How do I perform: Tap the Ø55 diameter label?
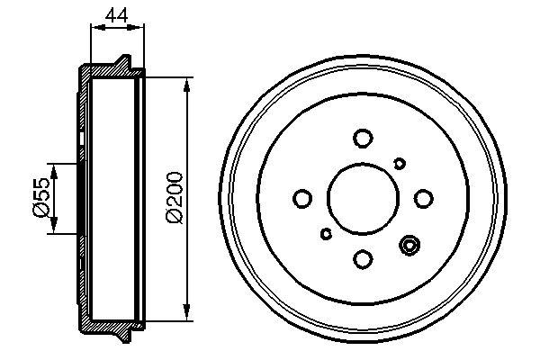coord(40,198)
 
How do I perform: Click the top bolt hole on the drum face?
coord(363,138)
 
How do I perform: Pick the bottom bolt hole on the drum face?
coord(363,259)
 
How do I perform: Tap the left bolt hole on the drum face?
coord(302,198)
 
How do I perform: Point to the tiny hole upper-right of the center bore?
coord(400,162)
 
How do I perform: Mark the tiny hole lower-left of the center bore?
coord(326,234)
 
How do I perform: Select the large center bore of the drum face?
coord(363,198)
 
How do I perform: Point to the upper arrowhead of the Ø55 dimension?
coord(54,169)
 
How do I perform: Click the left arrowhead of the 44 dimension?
coord(96,27)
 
